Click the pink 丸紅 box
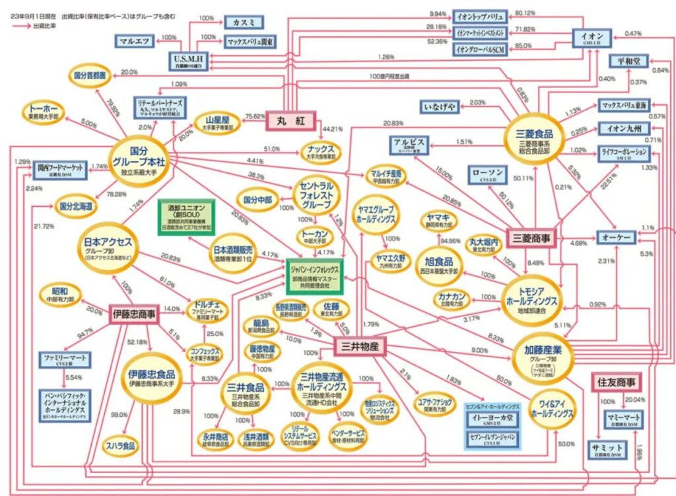290,122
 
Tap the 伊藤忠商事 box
133,314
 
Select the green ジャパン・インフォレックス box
315,275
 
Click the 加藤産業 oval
541,355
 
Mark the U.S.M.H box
187,61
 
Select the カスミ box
244,22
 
